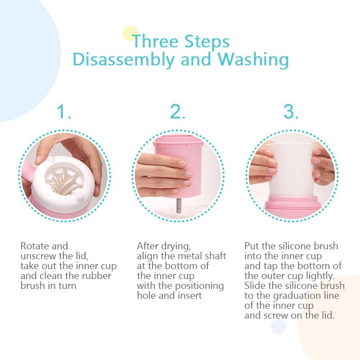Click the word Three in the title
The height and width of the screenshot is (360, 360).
155,41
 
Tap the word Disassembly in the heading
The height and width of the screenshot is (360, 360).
123,59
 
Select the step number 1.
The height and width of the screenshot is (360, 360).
63,111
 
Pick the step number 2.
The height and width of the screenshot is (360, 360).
177,111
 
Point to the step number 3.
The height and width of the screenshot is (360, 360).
291,111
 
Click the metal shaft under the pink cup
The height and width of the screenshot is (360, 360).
178,206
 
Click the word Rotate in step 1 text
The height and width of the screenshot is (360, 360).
33,246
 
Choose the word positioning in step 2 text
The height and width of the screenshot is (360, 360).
199,286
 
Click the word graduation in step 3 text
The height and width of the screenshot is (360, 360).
299,296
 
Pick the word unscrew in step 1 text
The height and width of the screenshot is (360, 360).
38,256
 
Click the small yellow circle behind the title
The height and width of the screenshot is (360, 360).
130,34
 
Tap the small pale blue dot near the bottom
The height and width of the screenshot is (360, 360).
279,327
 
